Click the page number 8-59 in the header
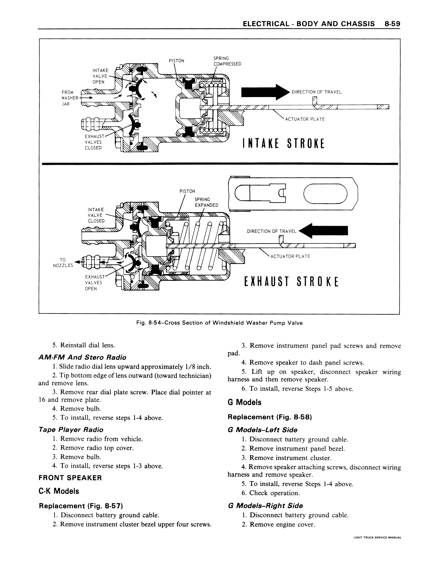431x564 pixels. pos(392,24)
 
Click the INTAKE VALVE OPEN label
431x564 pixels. pos(100,76)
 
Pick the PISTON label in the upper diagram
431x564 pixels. pos(177,61)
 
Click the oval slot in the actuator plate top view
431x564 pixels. pos(325,194)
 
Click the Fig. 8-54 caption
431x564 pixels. pos(219,323)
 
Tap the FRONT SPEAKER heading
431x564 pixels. pos(70,478)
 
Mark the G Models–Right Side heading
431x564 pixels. pos(265,506)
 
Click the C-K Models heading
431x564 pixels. pos(59,491)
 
